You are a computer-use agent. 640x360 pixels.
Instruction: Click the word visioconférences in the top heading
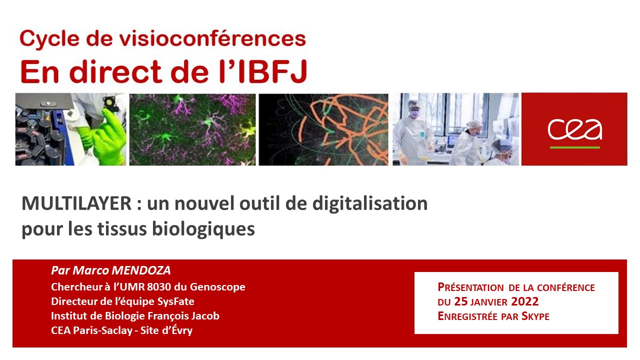click(212, 38)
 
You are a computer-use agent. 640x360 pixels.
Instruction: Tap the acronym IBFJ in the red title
click(272, 71)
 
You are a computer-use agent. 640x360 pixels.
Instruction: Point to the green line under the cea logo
click(575, 147)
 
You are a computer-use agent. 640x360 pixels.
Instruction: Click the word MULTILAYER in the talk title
click(76, 203)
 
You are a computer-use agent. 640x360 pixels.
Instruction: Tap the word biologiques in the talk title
click(203, 229)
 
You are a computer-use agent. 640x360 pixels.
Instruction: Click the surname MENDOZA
click(141, 270)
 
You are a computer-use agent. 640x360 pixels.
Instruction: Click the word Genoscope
click(217, 287)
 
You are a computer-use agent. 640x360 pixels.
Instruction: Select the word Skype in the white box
click(535, 316)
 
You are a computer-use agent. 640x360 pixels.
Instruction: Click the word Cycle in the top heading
click(49, 39)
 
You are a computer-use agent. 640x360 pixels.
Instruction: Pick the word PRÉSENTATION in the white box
click(470, 287)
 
